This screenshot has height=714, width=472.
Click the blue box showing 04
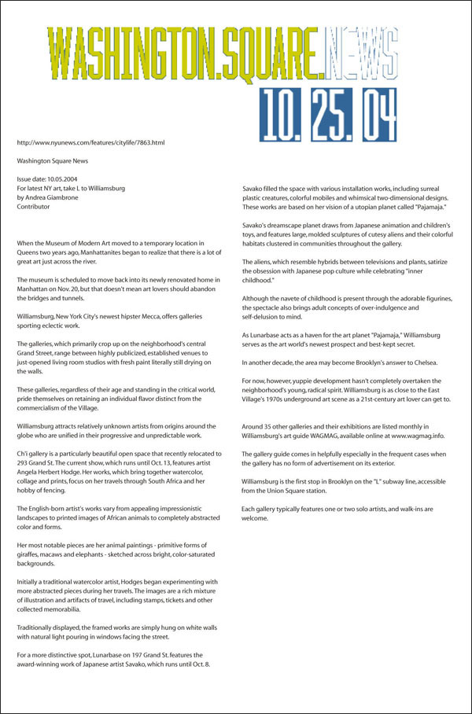coord(371,116)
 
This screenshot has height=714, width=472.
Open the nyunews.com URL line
coord(90,142)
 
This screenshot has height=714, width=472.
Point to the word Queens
coord(29,254)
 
